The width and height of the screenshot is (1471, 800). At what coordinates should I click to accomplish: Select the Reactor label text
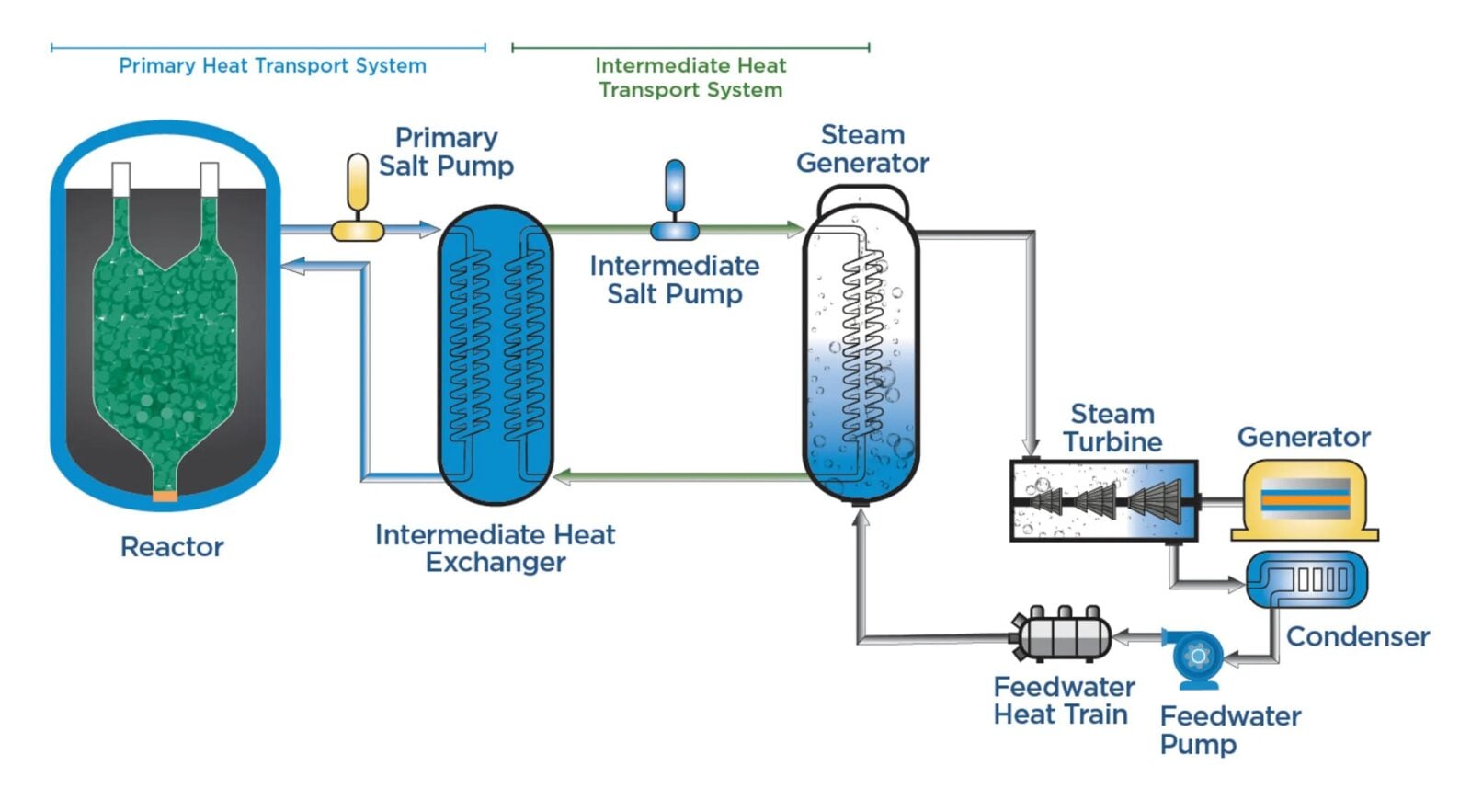(x=172, y=547)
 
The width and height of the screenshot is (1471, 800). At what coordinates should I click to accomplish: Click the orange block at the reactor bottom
(x=165, y=497)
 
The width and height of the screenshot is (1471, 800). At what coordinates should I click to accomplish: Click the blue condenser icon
(x=1306, y=580)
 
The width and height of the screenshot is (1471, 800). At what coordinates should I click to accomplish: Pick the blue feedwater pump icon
(x=1197, y=658)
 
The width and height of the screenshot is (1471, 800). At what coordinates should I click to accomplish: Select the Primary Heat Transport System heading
(x=272, y=65)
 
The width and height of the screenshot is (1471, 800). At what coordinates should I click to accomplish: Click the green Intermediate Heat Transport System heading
(x=690, y=77)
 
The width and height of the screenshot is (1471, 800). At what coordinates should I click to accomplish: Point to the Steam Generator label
(x=862, y=149)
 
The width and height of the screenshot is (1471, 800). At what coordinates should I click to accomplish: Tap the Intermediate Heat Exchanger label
(x=495, y=548)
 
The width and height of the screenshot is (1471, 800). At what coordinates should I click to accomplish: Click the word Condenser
(x=1357, y=636)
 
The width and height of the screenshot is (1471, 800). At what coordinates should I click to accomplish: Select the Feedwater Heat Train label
(x=1063, y=701)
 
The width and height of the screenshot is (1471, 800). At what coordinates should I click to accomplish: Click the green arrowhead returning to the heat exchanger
(x=563, y=476)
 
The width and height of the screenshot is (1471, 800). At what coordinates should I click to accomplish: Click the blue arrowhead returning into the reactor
(x=292, y=267)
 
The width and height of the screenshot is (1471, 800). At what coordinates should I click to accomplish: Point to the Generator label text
(x=1304, y=437)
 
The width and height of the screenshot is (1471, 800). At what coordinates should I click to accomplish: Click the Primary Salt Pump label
(x=446, y=152)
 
